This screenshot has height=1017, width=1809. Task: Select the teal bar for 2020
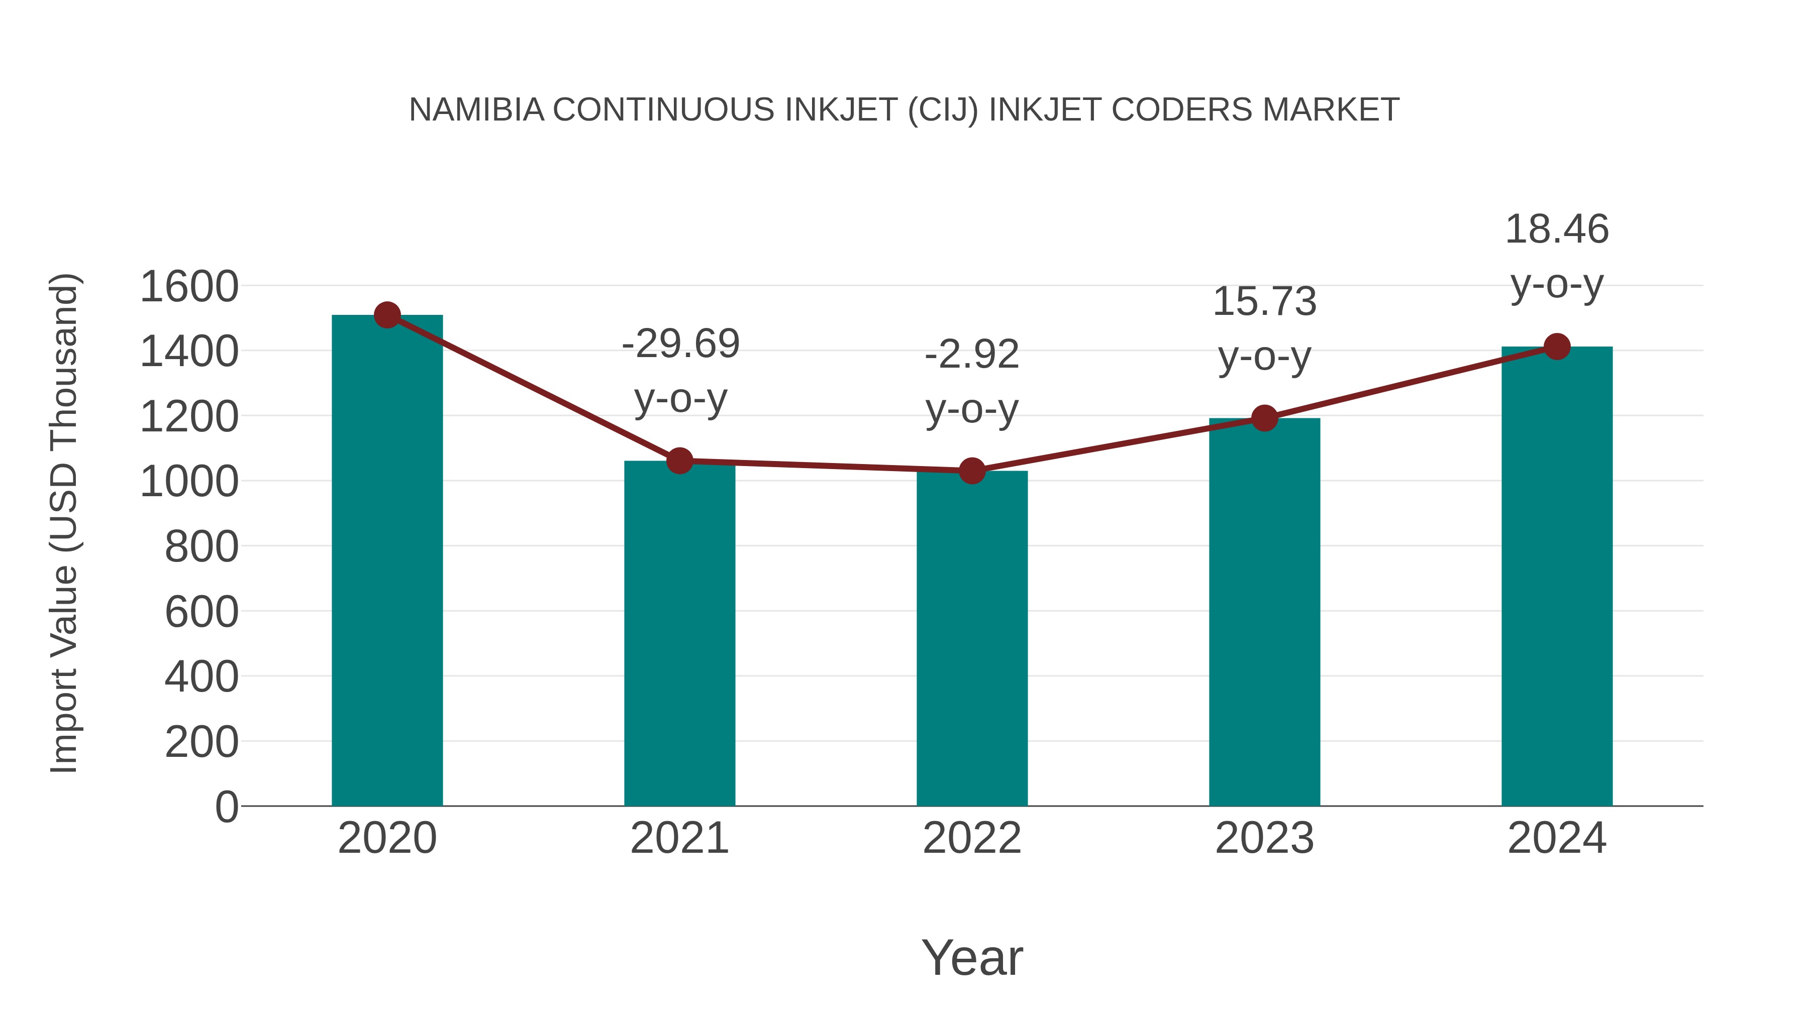pyautogui.click(x=387, y=561)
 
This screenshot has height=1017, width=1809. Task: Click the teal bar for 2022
pyautogui.click(x=972, y=639)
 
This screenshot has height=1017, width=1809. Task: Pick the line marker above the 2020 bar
pyautogui.click(x=387, y=315)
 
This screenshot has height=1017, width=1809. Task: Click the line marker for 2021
pyautogui.click(x=679, y=461)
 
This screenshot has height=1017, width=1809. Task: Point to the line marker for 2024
pyautogui.click(x=1557, y=346)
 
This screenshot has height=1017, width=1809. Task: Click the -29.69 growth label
pyautogui.click(x=680, y=344)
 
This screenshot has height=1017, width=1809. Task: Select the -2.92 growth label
pyautogui.click(x=972, y=355)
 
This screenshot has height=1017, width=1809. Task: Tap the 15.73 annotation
pyautogui.click(x=1264, y=302)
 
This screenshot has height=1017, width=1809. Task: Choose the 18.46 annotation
pyautogui.click(x=1557, y=230)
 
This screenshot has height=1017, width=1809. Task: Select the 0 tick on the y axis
pyautogui.click(x=226, y=807)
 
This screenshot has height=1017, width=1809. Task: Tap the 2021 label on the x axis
pyautogui.click(x=679, y=838)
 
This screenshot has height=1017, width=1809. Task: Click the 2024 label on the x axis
pyautogui.click(x=1557, y=838)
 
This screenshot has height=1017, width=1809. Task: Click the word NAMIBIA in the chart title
pyautogui.click(x=476, y=110)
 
